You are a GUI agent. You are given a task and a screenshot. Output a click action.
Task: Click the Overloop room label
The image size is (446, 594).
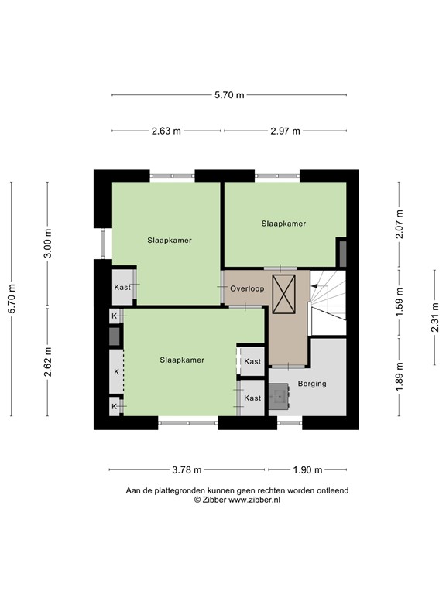[x=247, y=288]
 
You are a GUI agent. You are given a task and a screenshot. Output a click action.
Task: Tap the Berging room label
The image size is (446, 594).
[x=312, y=384]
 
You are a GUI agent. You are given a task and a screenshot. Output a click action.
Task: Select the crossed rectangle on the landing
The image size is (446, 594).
[x=283, y=294]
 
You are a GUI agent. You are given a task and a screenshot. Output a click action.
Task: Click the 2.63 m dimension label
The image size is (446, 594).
[x=166, y=131]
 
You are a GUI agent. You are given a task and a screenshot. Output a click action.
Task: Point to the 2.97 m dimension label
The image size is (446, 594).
[x=285, y=131]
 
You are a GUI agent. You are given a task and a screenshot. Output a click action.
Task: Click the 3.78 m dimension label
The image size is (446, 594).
[x=187, y=470]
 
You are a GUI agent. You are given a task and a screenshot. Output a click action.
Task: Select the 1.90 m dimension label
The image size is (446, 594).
[x=307, y=470]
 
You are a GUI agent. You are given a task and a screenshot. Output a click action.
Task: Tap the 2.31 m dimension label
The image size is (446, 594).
[x=434, y=317]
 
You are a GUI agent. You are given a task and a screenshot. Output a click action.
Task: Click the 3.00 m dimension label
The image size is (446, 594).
[x=47, y=244]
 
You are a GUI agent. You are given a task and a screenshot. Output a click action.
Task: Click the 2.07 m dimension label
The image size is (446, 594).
[x=399, y=224]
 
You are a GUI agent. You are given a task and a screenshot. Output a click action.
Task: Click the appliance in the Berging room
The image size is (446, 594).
[x=279, y=396]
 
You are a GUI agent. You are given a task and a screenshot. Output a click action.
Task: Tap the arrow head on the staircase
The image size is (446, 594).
[x=314, y=286]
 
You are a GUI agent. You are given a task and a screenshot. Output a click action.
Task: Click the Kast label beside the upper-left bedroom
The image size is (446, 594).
[x=122, y=287]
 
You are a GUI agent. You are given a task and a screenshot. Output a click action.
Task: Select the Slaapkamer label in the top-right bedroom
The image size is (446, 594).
[x=283, y=224]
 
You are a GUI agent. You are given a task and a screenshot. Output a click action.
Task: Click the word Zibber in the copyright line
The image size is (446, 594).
[x=214, y=500]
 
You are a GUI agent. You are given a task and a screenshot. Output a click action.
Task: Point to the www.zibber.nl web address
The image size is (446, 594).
[x=255, y=500]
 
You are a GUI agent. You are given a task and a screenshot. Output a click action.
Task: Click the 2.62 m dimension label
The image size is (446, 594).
[x=47, y=362]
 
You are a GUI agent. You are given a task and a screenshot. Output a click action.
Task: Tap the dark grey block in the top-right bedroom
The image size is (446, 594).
[x=342, y=254]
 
